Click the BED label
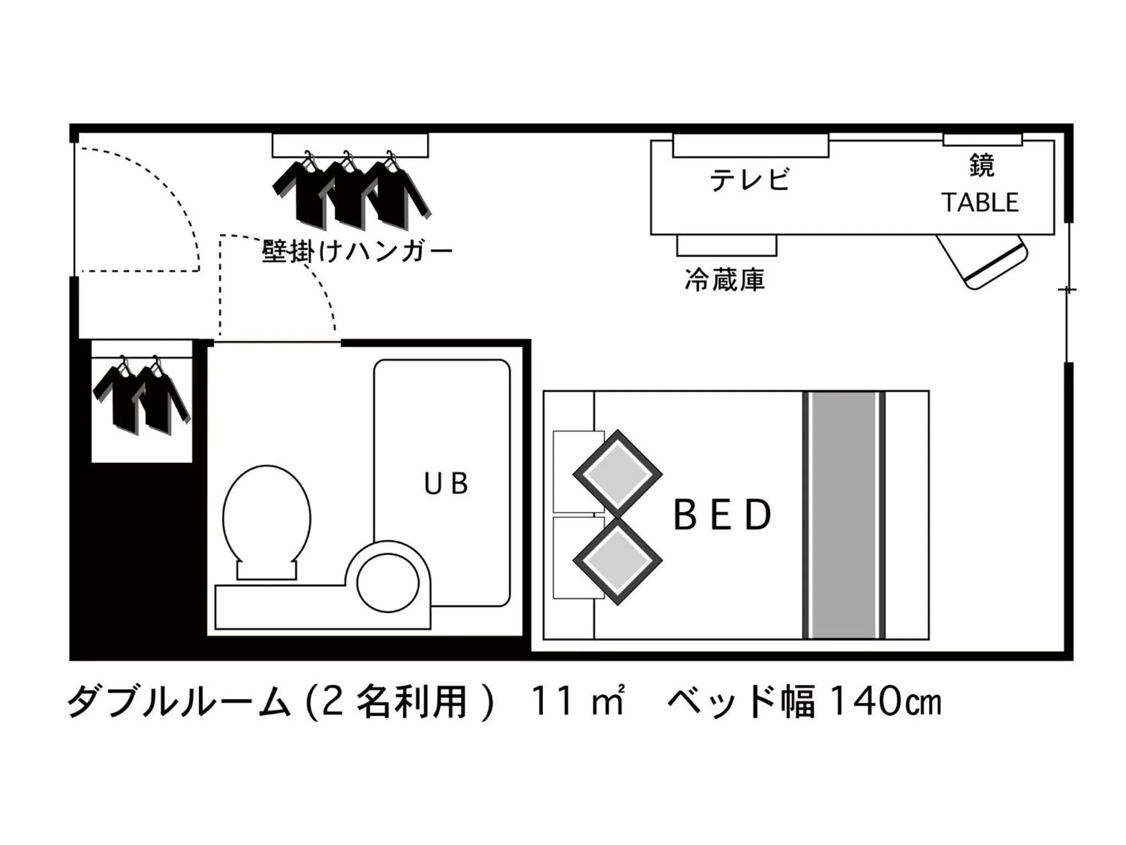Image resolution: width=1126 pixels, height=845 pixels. (x=722, y=515)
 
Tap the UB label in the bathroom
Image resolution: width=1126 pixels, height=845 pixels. (x=446, y=484)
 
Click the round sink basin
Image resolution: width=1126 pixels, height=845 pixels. (x=388, y=583)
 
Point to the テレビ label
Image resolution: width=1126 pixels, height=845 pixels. (x=750, y=179)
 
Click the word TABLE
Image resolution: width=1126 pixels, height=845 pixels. (x=980, y=202)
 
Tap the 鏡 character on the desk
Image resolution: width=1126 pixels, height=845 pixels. (x=982, y=165)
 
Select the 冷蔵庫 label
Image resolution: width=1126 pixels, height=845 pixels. (x=725, y=280)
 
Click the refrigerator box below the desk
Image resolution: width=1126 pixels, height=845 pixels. (x=726, y=245)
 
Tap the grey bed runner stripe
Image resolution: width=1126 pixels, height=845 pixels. (x=844, y=515)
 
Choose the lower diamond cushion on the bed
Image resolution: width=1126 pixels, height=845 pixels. (x=617, y=561)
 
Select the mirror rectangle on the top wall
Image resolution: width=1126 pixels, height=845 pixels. (x=983, y=140)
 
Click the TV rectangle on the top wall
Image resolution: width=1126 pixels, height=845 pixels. (x=750, y=145)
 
